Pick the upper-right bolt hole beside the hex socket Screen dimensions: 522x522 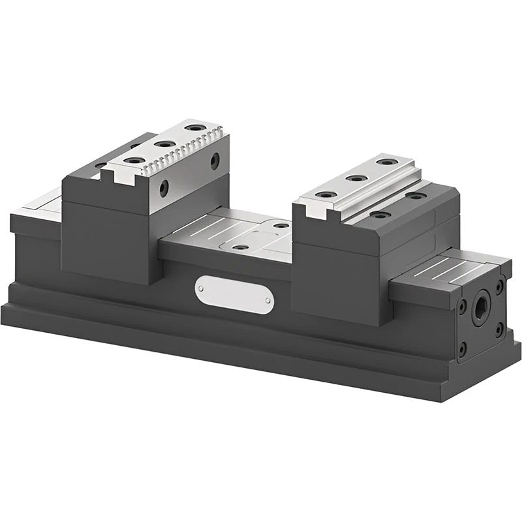pos(499,285)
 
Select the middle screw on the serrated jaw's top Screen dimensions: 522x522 pos(163,143)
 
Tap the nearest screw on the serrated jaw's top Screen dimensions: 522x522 pos(134,161)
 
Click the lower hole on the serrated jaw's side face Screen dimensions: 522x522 pos(164,188)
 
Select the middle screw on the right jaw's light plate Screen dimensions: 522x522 pos(356,177)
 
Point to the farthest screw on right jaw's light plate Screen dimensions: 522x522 pos(388,161)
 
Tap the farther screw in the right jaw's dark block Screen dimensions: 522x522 pos(416,195)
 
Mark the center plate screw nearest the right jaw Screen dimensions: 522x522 pos(281,225)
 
